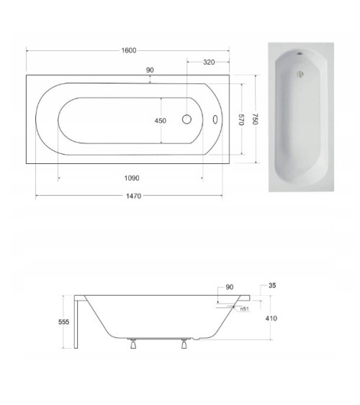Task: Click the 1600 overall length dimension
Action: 127,50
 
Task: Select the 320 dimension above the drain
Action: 209,63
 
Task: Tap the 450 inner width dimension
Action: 161,121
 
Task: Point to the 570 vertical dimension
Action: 242,120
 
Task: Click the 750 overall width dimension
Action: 254,120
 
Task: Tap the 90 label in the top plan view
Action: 150,70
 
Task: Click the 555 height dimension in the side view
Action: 64,323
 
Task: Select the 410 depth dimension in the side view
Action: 271,318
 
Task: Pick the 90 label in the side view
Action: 229,288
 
